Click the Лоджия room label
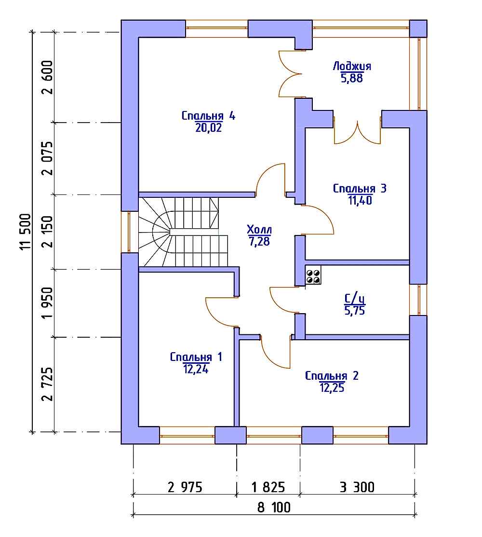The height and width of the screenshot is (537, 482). [352, 66]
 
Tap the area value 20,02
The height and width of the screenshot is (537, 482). [208, 128]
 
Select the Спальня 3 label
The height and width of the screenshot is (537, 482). [360, 188]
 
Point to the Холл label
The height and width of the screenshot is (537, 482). [259, 229]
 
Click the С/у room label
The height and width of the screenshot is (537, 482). [355, 299]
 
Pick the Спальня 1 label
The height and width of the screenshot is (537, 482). [196, 357]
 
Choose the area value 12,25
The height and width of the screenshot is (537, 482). [332, 388]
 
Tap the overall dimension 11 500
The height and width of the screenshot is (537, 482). [26, 232]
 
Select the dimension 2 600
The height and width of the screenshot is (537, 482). [48, 77]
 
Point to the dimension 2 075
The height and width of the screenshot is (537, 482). [48, 158]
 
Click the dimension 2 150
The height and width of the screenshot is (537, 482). [48, 232]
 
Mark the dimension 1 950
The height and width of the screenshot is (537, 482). [48, 303]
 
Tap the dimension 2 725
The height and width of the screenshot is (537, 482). [48, 384]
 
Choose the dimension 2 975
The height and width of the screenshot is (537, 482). [185, 487]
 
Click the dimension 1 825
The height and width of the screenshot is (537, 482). [268, 487]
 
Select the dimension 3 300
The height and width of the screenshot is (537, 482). [357, 487]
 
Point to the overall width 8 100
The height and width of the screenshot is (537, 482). [274, 507]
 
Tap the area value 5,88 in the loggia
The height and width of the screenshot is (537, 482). [352, 79]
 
